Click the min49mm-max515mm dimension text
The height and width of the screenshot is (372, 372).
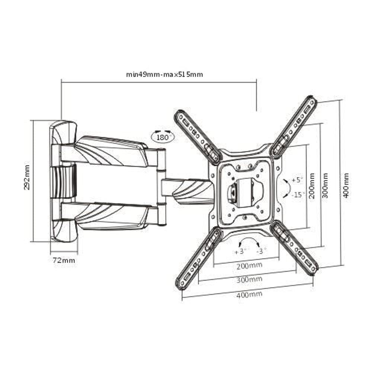(164, 74)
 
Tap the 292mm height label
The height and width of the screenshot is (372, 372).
(27, 177)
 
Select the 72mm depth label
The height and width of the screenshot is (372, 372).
(64, 260)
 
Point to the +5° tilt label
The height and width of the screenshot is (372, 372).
(298, 180)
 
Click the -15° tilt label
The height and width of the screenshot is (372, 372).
(298, 194)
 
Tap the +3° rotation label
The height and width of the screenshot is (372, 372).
(241, 251)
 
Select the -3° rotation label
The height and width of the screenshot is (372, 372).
(262, 251)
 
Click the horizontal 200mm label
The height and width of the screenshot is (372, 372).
(249, 265)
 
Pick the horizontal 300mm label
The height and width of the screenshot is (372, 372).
(249, 279)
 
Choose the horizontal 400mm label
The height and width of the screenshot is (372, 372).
(249, 294)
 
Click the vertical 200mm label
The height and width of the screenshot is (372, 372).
(312, 186)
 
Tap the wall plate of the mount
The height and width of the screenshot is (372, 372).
(62, 181)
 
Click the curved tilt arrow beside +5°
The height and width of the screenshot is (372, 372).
(285, 187)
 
